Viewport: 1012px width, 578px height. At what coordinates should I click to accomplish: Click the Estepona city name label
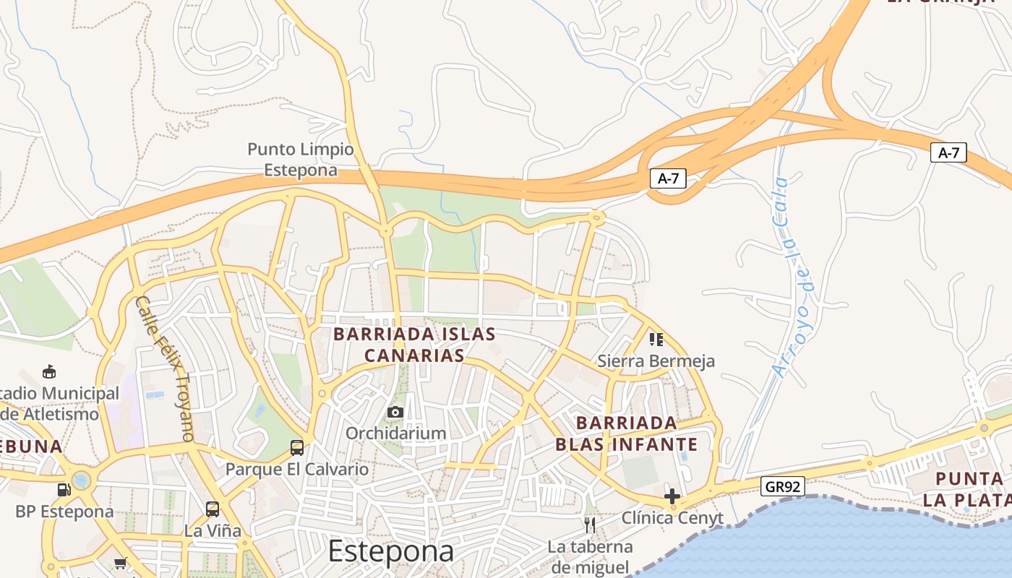click(391, 551)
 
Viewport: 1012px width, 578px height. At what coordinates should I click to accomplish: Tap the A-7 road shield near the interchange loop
click(668, 178)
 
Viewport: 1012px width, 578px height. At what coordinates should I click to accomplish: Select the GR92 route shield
click(783, 487)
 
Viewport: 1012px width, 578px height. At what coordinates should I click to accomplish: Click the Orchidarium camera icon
click(395, 413)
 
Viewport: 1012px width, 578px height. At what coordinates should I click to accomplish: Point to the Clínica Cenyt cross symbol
click(672, 496)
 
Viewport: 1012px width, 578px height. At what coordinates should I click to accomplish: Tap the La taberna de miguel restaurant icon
click(590, 524)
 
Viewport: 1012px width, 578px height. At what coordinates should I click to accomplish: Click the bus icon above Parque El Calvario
click(297, 447)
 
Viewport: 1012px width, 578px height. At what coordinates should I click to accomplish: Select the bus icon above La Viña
click(213, 509)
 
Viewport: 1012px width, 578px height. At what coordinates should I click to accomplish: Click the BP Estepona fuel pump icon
click(64, 490)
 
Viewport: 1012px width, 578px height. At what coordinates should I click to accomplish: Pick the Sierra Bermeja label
click(656, 361)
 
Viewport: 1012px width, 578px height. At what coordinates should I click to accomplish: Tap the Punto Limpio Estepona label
click(301, 160)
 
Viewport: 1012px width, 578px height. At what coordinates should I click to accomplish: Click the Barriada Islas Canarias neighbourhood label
click(414, 345)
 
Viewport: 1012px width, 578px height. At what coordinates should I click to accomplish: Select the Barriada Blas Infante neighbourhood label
click(626, 433)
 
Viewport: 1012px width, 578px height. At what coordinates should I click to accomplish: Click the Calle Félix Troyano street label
click(166, 368)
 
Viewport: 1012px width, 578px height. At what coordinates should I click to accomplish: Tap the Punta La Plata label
click(969, 489)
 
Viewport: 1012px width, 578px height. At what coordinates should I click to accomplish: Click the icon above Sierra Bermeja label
click(656, 339)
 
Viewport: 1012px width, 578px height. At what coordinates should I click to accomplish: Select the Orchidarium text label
click(395, 433)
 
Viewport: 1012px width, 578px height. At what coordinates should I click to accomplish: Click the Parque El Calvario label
click(297, 469)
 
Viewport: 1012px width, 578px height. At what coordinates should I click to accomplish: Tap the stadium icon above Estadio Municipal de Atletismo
click(49, 372)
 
